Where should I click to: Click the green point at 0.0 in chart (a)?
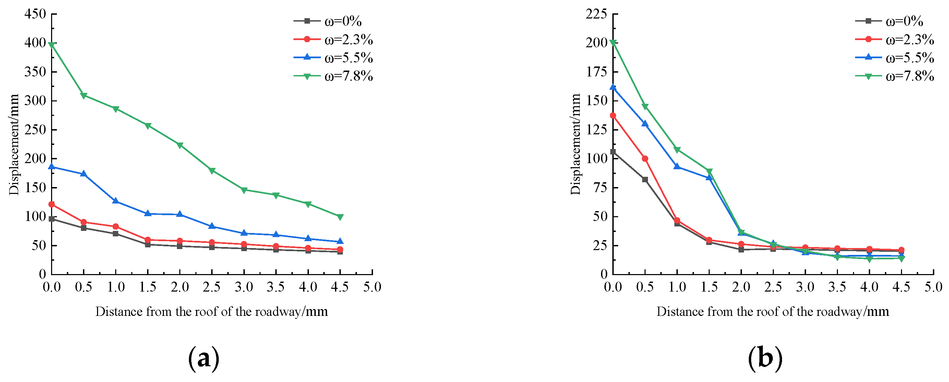[x=51, y=45]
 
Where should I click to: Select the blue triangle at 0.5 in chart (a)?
[x=84, y=174]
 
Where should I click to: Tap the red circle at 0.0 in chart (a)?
[x=51, y=204]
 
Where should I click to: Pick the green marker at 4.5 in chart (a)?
[x=340, y=217]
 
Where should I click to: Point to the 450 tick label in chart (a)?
[x=35, y=14]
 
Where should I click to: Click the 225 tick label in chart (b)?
[x=596, y=14]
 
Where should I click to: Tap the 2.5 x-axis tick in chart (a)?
[x=212, y=287]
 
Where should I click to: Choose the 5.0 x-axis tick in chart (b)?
[x=933, y=287]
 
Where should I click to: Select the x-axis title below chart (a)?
[x=212, y=312]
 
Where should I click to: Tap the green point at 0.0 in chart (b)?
[x=613, y=43]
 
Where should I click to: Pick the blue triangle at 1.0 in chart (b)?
[x=677, y=167]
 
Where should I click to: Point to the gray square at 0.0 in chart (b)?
[x=613, y=152]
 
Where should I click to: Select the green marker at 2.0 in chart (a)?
[x=180, y=145]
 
